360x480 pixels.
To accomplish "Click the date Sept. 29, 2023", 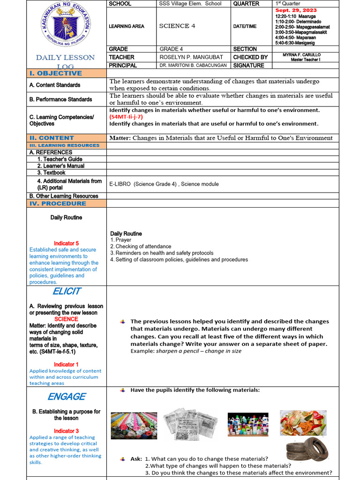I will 296,10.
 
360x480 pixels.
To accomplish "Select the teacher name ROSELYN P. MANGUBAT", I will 185,57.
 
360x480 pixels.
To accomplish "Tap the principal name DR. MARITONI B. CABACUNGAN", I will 192,66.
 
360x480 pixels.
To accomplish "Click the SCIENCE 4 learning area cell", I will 178,26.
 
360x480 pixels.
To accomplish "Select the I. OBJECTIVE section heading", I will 56,74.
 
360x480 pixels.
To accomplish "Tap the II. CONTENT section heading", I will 52,138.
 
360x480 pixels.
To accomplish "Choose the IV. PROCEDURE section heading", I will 58,203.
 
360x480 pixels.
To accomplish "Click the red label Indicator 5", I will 66,243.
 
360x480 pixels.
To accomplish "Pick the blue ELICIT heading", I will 66,291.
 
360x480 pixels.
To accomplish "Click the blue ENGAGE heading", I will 66,397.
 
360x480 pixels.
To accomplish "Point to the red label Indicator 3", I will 66,431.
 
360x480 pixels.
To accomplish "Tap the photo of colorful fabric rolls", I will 134,425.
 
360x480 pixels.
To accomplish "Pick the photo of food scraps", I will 303,423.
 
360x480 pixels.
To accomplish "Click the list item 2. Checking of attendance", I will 141,247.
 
